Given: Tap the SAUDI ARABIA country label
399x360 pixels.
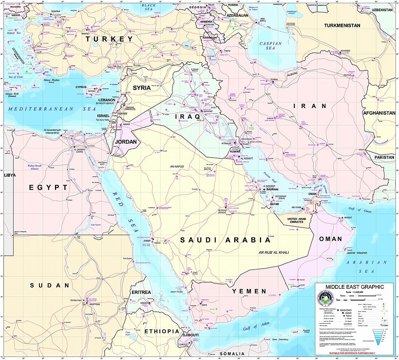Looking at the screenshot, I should (225, 240).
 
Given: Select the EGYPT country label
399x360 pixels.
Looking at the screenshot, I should (48, 188).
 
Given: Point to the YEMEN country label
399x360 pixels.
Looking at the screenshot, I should (249, 291).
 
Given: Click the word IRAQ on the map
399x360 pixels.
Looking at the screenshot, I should (187, 116).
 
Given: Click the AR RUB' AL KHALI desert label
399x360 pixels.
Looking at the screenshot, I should (274, 253).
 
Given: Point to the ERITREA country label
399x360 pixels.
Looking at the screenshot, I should (141, 292).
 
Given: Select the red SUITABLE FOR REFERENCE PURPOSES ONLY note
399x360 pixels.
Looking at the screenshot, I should (352, 353).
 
